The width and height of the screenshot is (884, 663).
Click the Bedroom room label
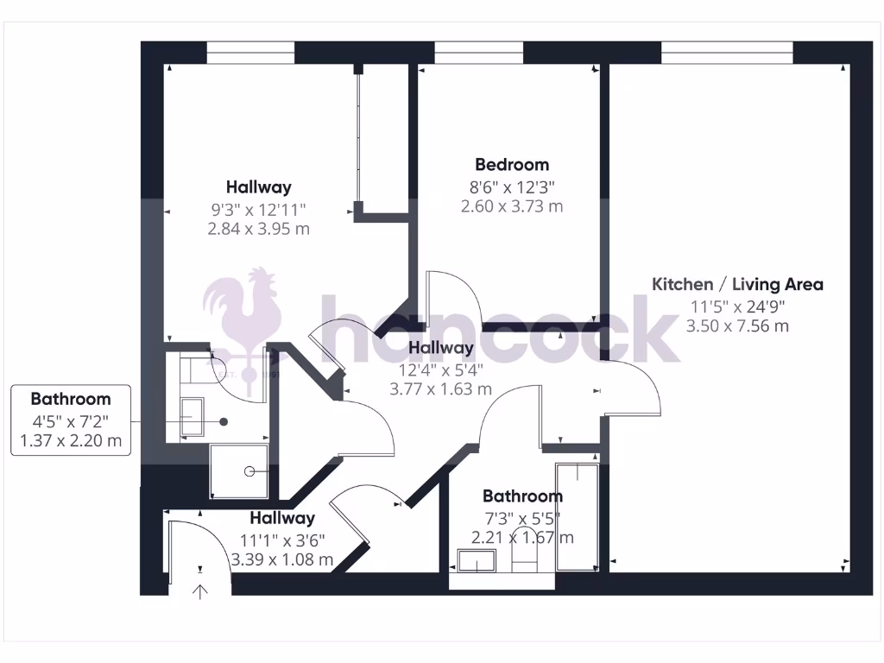(x=512, y=164)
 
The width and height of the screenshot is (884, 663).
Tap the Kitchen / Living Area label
(x=737, y=284)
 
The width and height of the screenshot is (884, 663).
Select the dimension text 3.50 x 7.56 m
(x=737, y=326)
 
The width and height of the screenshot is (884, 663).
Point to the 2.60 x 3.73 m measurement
(x=512, y=206)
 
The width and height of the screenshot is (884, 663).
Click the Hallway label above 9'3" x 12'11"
(x=258, y=186)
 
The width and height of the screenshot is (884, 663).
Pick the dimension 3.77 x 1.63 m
(x=440, y=389)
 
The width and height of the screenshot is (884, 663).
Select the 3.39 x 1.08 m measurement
(x=281, y=559)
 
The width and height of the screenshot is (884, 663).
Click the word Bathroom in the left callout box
(x=71, y=399)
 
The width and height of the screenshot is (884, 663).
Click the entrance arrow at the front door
(x=200, y=591)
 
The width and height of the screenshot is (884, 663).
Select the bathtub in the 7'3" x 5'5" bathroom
(x=577, y=516)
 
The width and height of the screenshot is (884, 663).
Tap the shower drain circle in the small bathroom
(x=249, y=471)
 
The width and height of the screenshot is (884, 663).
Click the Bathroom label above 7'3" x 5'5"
(x=522, y=496)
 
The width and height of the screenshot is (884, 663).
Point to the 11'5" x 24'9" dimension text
(x=737, y=306)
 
